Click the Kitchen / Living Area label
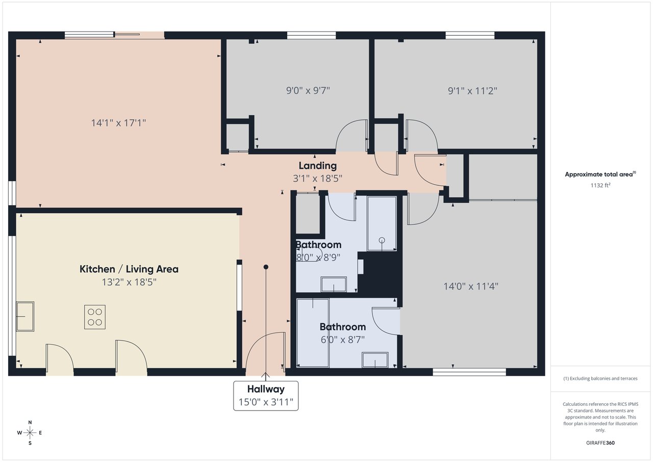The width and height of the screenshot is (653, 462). (x=129, y=269)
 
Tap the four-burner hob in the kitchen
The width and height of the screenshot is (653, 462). (x=95, y=317)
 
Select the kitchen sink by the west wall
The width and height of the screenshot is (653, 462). (x=25, y=317)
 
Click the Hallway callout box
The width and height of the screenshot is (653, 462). (x=266, y=396)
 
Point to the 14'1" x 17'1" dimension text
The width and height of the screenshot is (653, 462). (x=118, y=123)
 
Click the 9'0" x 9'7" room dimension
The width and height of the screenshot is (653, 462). (x=308, y=90)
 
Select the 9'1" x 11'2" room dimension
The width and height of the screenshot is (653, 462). (x=472, y=91)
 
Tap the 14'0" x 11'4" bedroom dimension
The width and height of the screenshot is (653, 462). (x=471, y=286)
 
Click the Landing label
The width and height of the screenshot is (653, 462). (x=318, y=166)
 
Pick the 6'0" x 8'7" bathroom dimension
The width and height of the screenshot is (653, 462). (x=343, y=339)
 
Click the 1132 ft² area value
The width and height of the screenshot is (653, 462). (x=600, y=185)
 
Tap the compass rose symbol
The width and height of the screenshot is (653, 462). (x=30, y=432)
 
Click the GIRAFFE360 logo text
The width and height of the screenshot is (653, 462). (x=600, y=443)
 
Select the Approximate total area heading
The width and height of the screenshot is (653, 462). (x=600, y=174)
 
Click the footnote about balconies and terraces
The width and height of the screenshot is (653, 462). (x=600, y=378)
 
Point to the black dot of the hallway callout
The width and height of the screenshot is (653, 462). (x=266, y=267)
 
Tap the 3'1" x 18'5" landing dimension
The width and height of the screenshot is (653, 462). (x=317, y=178)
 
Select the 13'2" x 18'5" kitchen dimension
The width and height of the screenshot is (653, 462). (x=129, y=282)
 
